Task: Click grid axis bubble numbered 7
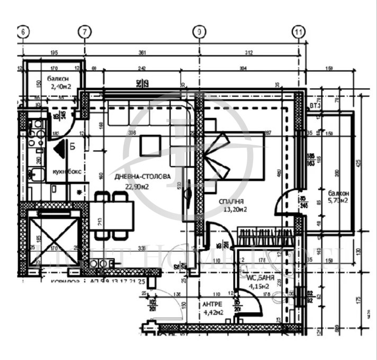pyautogui.click(x=84, y=32)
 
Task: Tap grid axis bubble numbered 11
pyautogui.click(x=299, y=32)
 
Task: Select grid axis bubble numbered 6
pyautogui.click(x=23, y=32)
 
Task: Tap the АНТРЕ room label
pyautogui.click(x=212, y=305)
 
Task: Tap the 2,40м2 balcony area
pyautogui.click(x=61, y=86)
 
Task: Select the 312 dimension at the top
pyautogui.click(x=249, y=52)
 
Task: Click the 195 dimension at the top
pyautogui.click(x=53, y=52)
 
